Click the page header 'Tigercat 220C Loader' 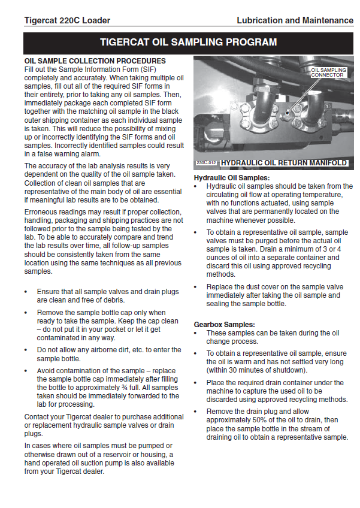pos(67,20)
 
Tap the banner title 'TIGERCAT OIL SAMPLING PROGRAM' pos(188,43)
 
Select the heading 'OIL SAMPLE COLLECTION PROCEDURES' pos(95,61)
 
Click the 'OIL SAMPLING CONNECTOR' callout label pos(329,72)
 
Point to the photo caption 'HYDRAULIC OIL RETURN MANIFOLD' pos(283,163)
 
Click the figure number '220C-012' pos(207,163)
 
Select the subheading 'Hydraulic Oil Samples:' pos(232,178)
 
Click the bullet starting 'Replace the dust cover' pos(274,295)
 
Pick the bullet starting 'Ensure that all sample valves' pos(108,295)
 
